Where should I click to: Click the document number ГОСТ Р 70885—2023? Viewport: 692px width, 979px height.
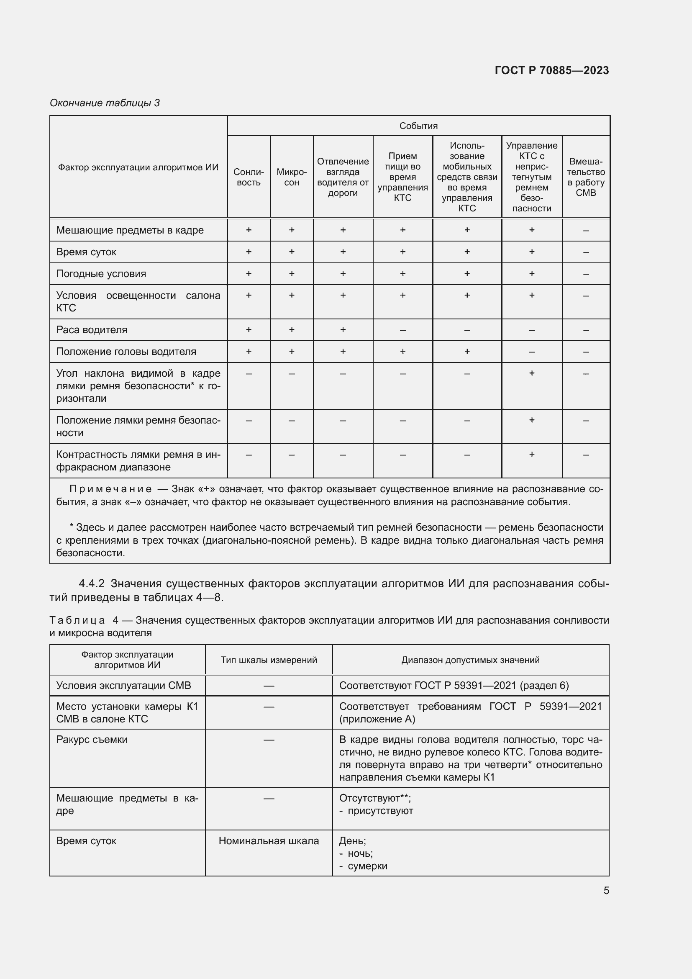pos(551,70)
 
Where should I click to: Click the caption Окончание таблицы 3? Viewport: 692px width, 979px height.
pos(105,103)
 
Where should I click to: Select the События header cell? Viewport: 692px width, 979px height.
pos(418,126)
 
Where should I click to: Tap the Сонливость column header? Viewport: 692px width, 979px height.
pos(249,177)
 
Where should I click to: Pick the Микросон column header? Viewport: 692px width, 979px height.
pos(292,177)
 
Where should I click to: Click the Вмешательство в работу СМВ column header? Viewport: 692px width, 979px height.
pos(585,177)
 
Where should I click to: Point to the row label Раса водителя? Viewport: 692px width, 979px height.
pos(92,329)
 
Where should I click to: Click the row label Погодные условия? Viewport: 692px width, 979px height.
pos(101,274)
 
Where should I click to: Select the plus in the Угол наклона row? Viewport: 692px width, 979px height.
pos(531,373)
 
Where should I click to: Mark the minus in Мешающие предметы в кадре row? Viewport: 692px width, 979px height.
pos(585,231)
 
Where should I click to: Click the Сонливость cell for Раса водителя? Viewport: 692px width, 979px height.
pos(249,329)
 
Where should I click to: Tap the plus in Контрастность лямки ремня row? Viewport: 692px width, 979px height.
pos(531,454)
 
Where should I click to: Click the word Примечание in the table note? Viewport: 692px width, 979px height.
pos(110,488)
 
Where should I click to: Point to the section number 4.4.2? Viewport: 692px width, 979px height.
pos(92,583)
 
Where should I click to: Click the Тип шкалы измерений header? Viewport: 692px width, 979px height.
pos(269,660)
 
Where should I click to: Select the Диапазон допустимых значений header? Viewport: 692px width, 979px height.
pos(470,660)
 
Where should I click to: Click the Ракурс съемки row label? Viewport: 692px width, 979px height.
pos(92,739)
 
